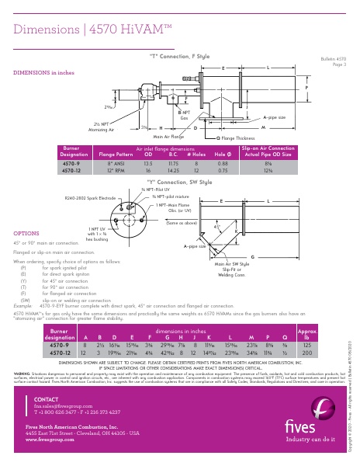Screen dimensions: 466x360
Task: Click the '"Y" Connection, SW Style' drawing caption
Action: tap(179, 181)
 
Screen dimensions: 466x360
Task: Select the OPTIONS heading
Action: tap(27, 233)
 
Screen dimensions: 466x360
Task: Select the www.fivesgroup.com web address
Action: tap(49, 440)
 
